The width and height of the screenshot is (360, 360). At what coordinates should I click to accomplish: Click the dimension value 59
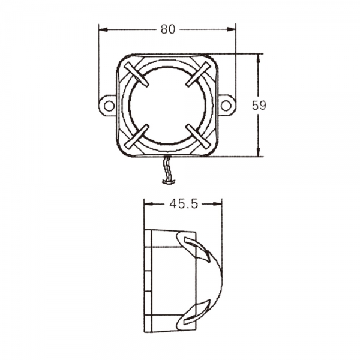click(x=259, y=105)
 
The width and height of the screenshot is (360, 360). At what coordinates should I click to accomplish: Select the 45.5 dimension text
click(x=183, y=204)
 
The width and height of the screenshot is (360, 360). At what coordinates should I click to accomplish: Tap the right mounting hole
click(x=226, y=106)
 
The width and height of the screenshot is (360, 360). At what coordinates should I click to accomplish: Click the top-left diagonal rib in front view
click(x=137, y=75)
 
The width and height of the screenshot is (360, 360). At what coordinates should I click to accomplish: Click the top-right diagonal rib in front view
click(x=197, y=75)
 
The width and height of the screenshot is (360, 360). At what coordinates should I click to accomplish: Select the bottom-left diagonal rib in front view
click(x=137, y=136)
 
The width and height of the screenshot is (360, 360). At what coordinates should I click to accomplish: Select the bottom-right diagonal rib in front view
click(x=197, y=136)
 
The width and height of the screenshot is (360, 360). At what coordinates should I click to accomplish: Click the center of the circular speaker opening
click(x=167, y=105)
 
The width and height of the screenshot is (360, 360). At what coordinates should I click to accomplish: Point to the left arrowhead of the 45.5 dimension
click(x=148, y=204)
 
